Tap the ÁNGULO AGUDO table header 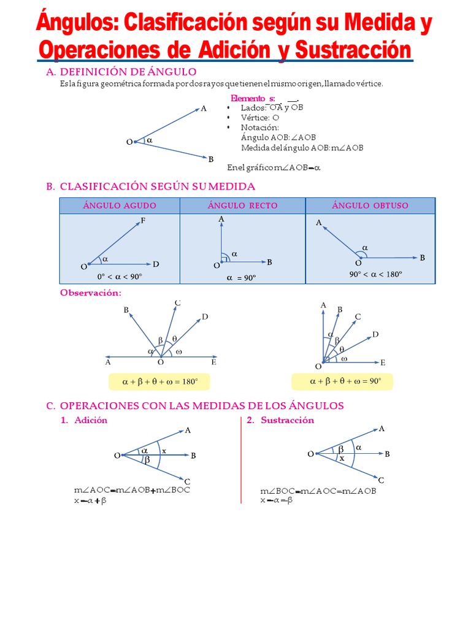pos(120,205)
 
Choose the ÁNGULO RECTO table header pos(242,205)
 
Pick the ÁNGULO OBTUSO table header pos(370,205)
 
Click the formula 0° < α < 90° pos(119,277)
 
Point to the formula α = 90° pos(241,278)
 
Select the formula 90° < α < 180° pos(376,274)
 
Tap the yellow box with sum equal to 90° pos(342,381)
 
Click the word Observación pos(90,293)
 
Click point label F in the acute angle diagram pos(143,221)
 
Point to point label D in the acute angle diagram pos(156,264)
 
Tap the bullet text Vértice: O pos(260,117)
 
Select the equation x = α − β pos(277,500)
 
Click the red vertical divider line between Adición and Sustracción pos(240,460)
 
